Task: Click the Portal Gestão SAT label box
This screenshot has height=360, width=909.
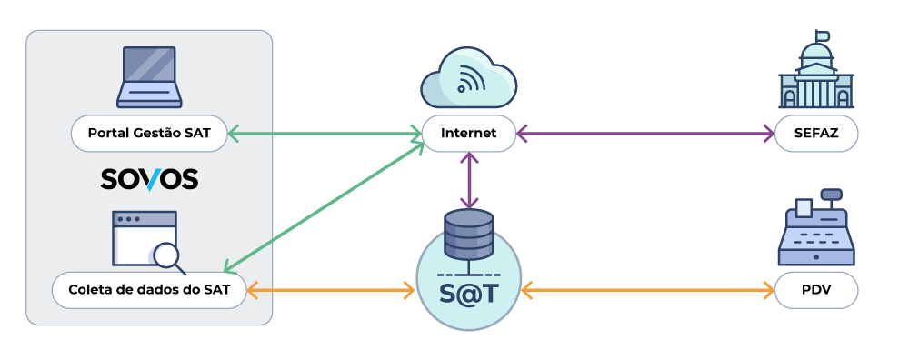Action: coord(149,134)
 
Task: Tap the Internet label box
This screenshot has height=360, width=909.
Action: coord(468,134)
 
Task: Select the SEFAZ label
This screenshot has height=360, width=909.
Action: coord(816,134)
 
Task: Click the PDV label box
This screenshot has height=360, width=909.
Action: coord(816,291)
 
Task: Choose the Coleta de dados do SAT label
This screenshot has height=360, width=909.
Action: coord(149,291)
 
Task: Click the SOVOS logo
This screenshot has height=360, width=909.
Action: coord(149,179)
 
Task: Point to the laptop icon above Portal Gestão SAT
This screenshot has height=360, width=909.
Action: coord(149,77)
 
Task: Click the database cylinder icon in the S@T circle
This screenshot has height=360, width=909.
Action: coord(468,234)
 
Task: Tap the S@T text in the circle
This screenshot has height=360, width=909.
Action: coord(468,291)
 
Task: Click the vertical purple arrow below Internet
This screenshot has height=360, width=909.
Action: coord(468,180)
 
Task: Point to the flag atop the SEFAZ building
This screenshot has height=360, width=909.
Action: coord(824,36)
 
